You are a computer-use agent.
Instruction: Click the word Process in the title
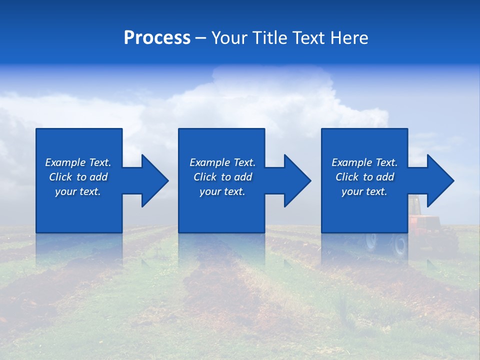(x=157, y=38)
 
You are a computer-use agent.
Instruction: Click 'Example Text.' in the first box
(x=78, y=162)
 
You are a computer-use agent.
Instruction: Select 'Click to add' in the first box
(x=78, y=177)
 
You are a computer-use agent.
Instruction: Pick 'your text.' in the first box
(x=78, y=191)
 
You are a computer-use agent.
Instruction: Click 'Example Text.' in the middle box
(x=222, y=162)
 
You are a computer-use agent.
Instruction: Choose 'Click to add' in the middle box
(x=222, y=177)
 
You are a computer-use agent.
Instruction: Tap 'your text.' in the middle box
(x=222, y=191)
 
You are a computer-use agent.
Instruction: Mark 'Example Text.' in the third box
(x=364, y=162)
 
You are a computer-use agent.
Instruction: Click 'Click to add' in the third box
(x=364, y=177)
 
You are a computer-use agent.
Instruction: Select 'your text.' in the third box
(x=364, y=191)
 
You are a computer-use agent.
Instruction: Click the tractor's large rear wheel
(x=400, y=245)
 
